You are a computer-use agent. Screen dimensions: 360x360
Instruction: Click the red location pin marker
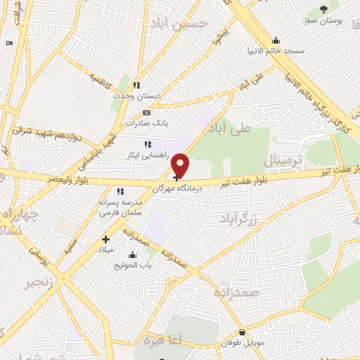click(180, 165)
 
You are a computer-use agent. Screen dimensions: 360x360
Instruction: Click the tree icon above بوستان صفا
click(323, 8)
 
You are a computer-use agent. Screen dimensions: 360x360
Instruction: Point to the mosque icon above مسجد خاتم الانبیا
click(276, 40)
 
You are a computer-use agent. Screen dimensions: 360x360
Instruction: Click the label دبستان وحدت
click(138, 95)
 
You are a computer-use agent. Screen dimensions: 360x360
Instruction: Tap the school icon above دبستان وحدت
click(137, 85)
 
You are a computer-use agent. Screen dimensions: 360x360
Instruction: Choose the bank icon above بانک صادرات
click(146, 112)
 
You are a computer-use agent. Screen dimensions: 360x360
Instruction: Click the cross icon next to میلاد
click(105, 239)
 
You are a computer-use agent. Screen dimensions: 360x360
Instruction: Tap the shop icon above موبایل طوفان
click(242, 333)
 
